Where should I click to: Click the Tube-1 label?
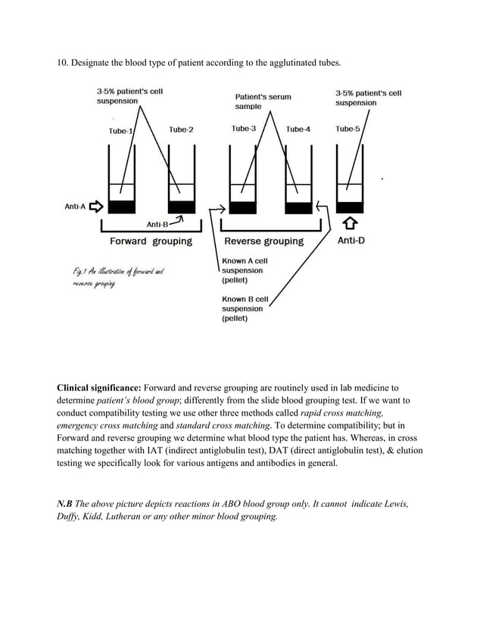coord(120,131)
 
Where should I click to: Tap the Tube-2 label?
coord(181,129)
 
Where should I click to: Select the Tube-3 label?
coord(243,129)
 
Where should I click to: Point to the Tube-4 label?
coord(298,129)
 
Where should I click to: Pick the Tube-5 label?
coord(347,129)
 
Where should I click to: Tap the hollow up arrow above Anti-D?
coord(350,224)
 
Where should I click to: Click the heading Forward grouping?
coord(151,241)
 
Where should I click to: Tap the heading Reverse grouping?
coord(263,241)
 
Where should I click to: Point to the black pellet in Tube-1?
coord(122,207)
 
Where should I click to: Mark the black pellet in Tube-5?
coord(350,207)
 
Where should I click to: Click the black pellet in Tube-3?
coord(242,207)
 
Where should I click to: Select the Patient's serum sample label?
coord(263,102)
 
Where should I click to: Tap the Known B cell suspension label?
coord(245,309)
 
